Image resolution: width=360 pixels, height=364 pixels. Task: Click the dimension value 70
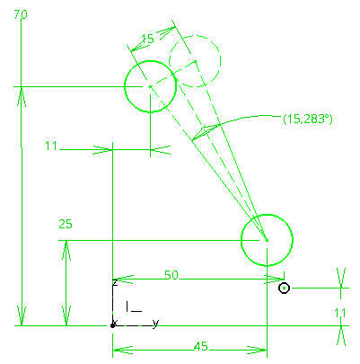pyautogui.click(x=21, y=14)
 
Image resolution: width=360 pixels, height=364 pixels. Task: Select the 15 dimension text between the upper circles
pyautogui.click(x=147, y=39)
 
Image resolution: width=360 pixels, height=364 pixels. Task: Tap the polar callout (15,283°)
pyautogui.click(x=308, y=119)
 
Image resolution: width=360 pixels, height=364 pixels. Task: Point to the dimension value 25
pyautogui.click(x=66, y=224)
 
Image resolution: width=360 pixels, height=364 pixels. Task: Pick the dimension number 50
pyautogui.click(x=171, y=275)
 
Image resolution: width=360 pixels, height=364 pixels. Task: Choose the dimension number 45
pyautogui.click(x=200, y=346)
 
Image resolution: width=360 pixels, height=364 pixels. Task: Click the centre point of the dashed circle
pyautogui.click(x=195, y=61)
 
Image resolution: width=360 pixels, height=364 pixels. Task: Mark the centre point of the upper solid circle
pyautogui.click(x=150, y=86)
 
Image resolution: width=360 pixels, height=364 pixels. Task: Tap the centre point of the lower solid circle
pyautogui.click(x=267, y=240)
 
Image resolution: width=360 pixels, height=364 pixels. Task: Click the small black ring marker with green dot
pyautogui.click(x=284, y=289)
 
